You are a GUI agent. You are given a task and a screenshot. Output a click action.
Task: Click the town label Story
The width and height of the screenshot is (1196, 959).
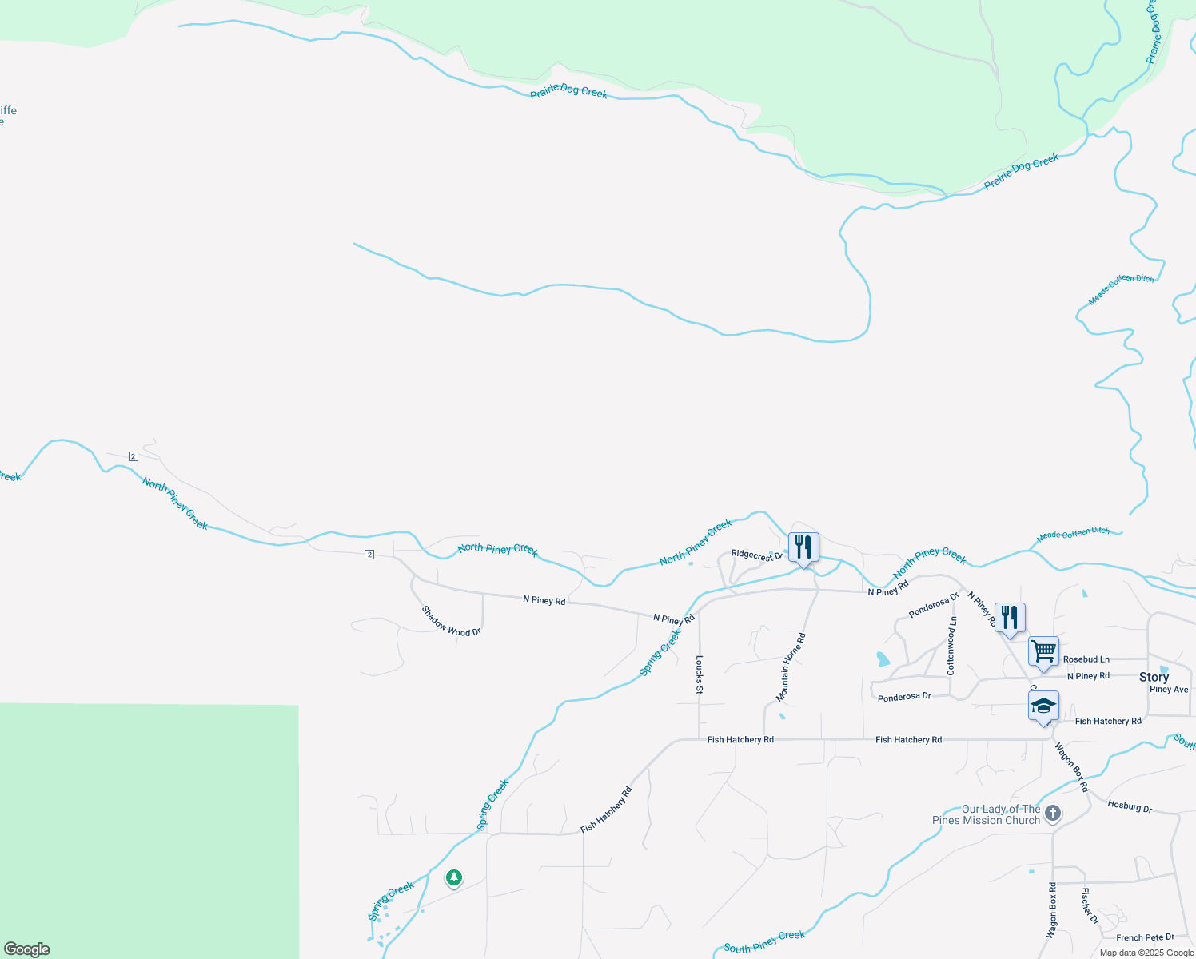click(x=1154, y=677)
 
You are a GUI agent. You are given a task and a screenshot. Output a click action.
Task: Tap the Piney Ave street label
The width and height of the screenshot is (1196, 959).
click(x=1168, y=690)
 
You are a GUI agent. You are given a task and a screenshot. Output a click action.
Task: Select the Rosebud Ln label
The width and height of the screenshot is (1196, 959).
click(x=1086, y=659)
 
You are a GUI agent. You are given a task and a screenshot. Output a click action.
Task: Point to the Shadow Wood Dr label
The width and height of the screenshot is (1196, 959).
click(x=451, y=621)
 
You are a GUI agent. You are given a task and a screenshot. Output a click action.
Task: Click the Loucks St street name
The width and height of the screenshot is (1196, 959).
click(x=700, y=674)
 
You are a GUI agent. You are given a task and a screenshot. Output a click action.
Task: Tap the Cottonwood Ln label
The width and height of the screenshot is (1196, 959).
click(x=951, y=646)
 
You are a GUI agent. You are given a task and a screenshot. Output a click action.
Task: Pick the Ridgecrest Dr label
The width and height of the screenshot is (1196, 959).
click(x=755, y=555)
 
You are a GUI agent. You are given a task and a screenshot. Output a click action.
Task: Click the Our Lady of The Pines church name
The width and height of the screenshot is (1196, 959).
click(x=987, y=814)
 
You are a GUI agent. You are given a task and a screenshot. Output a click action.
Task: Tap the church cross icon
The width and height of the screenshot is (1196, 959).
click(x=1053, y=814)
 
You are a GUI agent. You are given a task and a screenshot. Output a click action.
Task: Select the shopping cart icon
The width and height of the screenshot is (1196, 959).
click(x=1043, y=651)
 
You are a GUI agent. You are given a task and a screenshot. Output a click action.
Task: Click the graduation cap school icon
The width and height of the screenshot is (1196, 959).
click(x=1043, y=706)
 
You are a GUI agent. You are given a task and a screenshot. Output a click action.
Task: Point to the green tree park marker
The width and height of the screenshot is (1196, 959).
click(x=454, y=878)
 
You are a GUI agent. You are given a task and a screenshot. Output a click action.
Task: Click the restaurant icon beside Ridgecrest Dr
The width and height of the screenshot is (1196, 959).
click(x=803, y=547)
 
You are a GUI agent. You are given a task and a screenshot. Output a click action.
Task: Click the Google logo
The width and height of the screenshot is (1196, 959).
click(x=27, y=949)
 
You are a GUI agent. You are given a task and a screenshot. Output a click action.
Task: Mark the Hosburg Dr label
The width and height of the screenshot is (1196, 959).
click(x=1130, y=806)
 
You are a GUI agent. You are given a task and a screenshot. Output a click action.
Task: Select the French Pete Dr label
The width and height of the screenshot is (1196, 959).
click(x=1145, y=937)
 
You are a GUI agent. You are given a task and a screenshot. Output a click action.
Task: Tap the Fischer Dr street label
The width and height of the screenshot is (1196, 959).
click(x=1090, y=905)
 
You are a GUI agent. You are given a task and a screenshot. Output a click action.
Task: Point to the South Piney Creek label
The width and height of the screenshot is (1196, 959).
click(x=764, y=941)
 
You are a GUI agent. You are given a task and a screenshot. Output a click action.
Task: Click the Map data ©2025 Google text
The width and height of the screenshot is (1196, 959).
click(x=1146, y=953)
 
